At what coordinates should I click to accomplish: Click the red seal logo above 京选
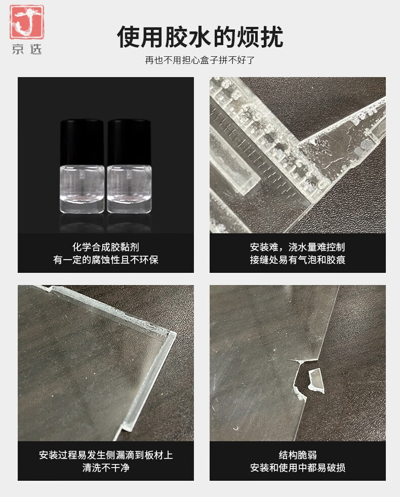26,22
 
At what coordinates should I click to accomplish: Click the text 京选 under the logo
27,49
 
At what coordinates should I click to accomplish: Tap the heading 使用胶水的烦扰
200,37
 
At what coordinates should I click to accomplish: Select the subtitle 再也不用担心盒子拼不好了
200,60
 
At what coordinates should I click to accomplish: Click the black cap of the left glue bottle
82,143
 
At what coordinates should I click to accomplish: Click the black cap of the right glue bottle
129,143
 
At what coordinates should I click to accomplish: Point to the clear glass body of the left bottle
82,190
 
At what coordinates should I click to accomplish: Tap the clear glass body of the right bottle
129,190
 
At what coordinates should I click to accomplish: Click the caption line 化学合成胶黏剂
106,247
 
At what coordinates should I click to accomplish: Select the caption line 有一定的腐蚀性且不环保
106,260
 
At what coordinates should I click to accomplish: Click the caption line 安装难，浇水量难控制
298,247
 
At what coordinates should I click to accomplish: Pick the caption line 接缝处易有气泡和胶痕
298,260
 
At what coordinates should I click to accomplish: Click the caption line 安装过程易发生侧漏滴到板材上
106,455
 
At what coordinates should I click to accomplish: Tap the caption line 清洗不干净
106,468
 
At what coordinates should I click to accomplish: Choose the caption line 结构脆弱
298,455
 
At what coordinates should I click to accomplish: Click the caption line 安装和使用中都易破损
298,468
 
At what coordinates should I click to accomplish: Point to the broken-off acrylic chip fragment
316,380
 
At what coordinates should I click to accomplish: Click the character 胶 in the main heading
176,37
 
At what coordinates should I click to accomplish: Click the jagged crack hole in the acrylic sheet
301,379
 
